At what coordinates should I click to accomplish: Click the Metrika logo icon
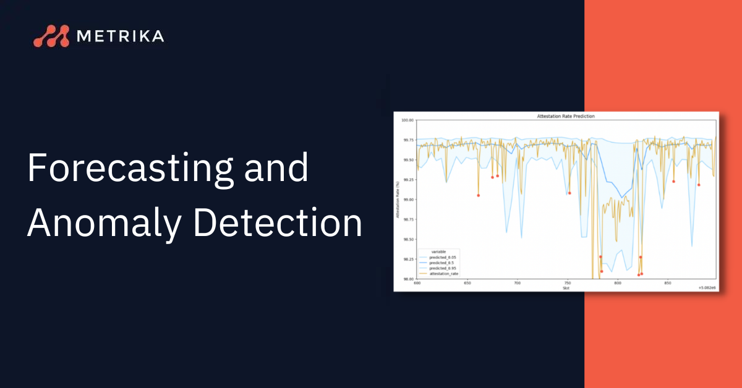(x=51, y=36)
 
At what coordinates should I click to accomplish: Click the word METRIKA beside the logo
(x=120, y=36)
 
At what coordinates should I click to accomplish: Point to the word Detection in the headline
(x=278, y=222)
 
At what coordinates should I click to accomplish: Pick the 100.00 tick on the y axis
(x=406, y=120)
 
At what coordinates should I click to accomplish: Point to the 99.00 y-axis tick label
(x=407, y=200)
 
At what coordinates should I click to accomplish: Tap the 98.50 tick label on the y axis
(x=407, y=239)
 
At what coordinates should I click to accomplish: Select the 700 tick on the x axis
(x=517, y=284)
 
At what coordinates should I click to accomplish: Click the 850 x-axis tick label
(x=667, y=284)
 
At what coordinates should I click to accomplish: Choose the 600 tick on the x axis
(x=417, y=284)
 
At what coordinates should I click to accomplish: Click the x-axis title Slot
(x=566, y=288)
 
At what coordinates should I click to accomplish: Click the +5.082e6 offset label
(x=706, y=288)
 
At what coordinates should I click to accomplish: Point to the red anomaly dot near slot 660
(x=478, y=195)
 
